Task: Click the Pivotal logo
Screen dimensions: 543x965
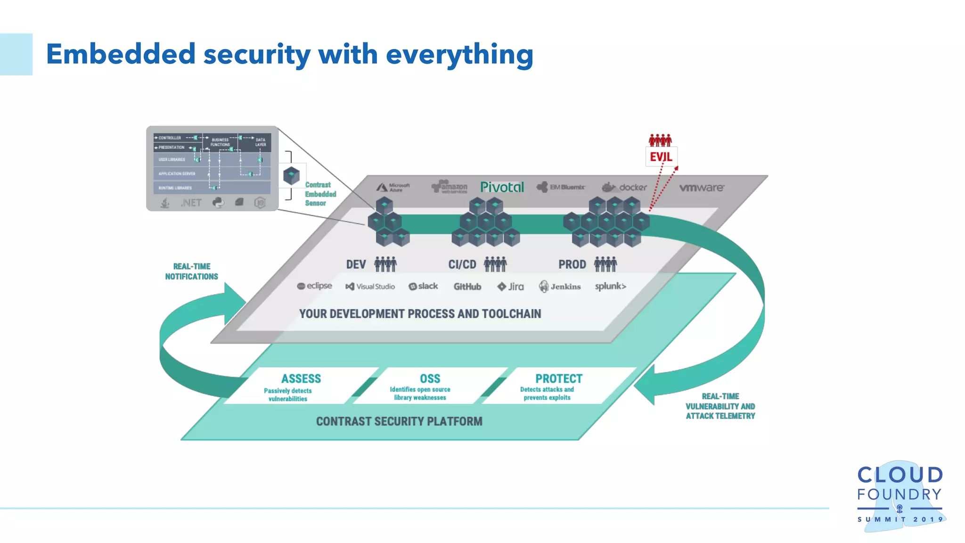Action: pyautogui.click(x=502, y=187)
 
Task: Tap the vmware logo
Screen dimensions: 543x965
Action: pyautogui.click(x=702, y=188)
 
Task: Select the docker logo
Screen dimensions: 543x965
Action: pyautogui.click(x=625, y=187)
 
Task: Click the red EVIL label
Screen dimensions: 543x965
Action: pyautogui.click(x=661, y=157)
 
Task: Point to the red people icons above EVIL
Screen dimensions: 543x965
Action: pyautogui.click(x=660, y=140)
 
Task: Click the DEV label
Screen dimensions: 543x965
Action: pyautogui.click(x=356, y=264)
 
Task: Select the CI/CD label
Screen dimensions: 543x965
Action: pyautogui.click(x=462, y=264)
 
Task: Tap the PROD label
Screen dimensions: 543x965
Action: pyautogui.click(x=572, y=264)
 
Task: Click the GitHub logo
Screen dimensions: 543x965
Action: pyautogui.click(x=467, y=287)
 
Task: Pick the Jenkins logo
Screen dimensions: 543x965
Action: pyautogui.click(x=560, y=287)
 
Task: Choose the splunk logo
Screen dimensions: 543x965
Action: pyautogui.click(x=610, y=286)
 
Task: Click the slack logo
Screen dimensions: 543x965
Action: pyautogui.click(x=423, y=286)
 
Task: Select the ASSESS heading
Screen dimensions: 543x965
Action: pyautogui.click(x=301, y=378)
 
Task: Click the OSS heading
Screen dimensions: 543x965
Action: pyautogui.click(x=430, y=378)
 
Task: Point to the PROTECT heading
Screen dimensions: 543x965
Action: pyautogui.click(x=559, y=378)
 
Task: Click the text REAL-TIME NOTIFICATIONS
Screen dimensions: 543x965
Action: pyautogui.click(x=192, y=271)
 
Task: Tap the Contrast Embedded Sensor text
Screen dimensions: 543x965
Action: pyautogui.click(x=320, y=194)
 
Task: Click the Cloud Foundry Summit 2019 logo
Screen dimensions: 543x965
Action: pyautogui.click(x=900, y=495)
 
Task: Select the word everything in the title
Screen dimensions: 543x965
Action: pyautogui.click(x=459, y=54)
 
